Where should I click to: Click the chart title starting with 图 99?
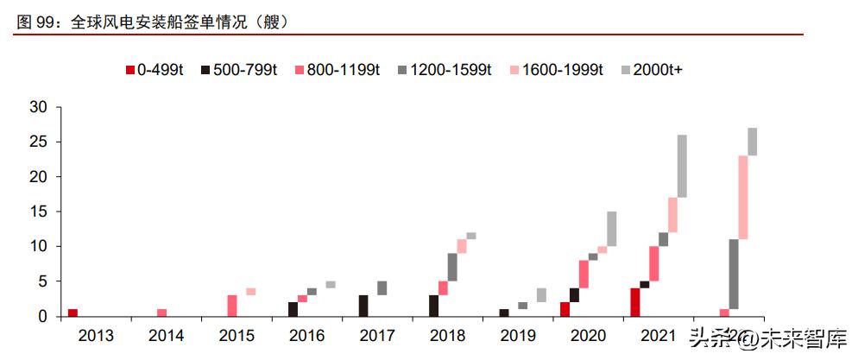coord(152,21)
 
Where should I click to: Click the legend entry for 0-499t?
coord(155,70)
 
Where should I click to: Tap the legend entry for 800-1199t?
coord(337,70)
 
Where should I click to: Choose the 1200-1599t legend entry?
coord(445,70)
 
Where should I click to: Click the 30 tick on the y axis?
coord(39,107)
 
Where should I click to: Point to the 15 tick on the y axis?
coord(39,212)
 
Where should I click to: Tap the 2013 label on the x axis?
coord(95,334)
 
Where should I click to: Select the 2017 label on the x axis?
coord(377,334)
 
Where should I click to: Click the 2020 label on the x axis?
coord(589,334)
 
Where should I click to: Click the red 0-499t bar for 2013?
coord(73,313)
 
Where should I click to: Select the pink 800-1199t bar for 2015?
coord(232,306)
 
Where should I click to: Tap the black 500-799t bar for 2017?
coord(363,306)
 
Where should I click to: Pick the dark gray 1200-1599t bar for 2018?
coord(452,267)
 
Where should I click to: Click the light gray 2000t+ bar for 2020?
coord(611,229)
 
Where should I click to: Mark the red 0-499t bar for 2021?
coord(635,302)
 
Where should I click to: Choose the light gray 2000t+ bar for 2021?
coord(682,166)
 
